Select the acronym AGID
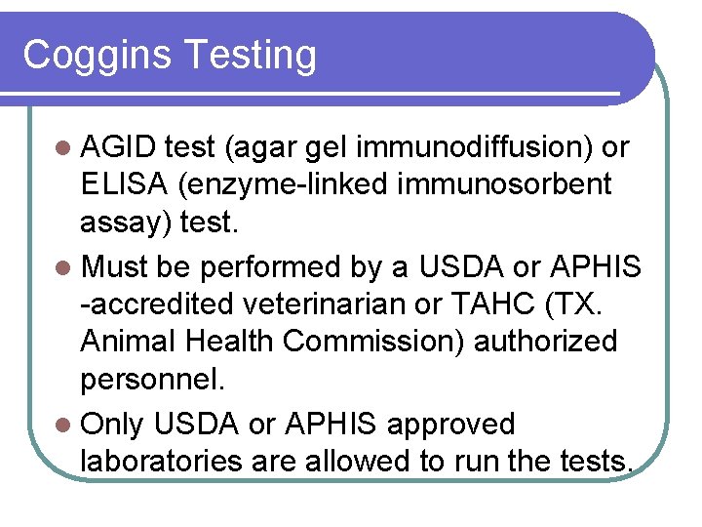[x=119, y=147]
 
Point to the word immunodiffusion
[x=472, y=147]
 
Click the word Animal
[x=130, y=341]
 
